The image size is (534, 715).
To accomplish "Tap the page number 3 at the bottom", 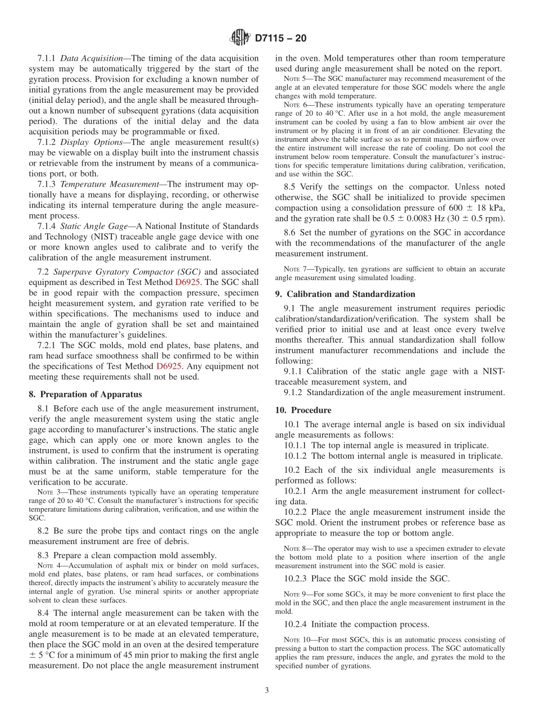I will tap(267, 690).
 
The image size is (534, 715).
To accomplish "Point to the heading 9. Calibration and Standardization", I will tap(345, 294).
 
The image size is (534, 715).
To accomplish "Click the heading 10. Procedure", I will tap(304, 410).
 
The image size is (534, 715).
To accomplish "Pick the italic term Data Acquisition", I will tap(91, 58).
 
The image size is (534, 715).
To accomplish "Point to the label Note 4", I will tap(48, 565).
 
